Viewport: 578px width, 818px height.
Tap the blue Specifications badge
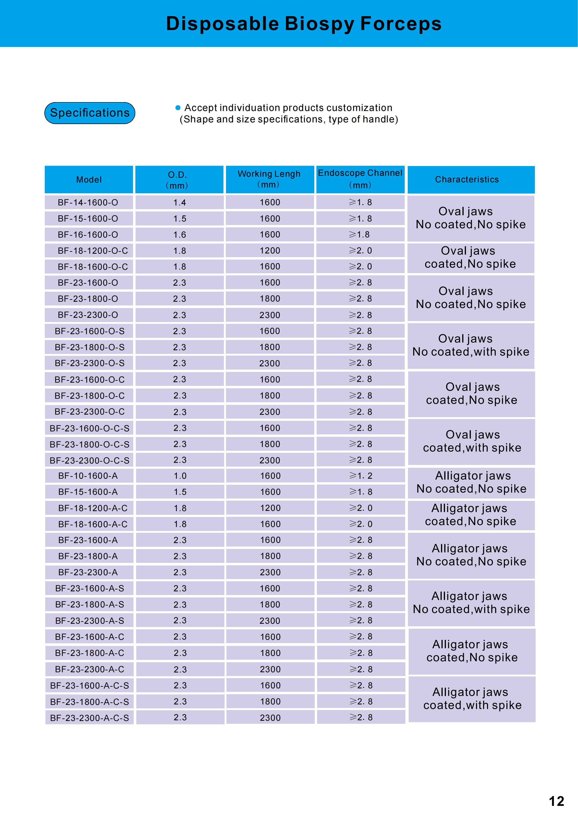(x=90, y=113)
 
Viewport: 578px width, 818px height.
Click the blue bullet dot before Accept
(x=178, y=107)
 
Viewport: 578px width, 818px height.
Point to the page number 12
(x=556, y=801)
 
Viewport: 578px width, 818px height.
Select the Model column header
(x=89, y=180)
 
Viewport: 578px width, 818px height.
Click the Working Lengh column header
(x=269, y=179)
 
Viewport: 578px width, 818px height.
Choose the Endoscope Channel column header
(x=360, y=179)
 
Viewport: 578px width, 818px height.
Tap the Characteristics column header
(x=467, y=180)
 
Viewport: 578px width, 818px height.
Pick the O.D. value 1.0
(x=180, y=476)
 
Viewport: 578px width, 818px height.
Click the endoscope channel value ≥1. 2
(x=361, y=476)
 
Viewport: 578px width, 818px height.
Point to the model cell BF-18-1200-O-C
(x=92, y=251)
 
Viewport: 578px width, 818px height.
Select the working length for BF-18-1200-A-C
(x=270, y=508)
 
